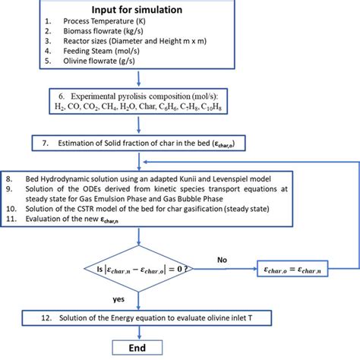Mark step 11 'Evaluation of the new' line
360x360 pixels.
pyautogui.click(x=99, y=219)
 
